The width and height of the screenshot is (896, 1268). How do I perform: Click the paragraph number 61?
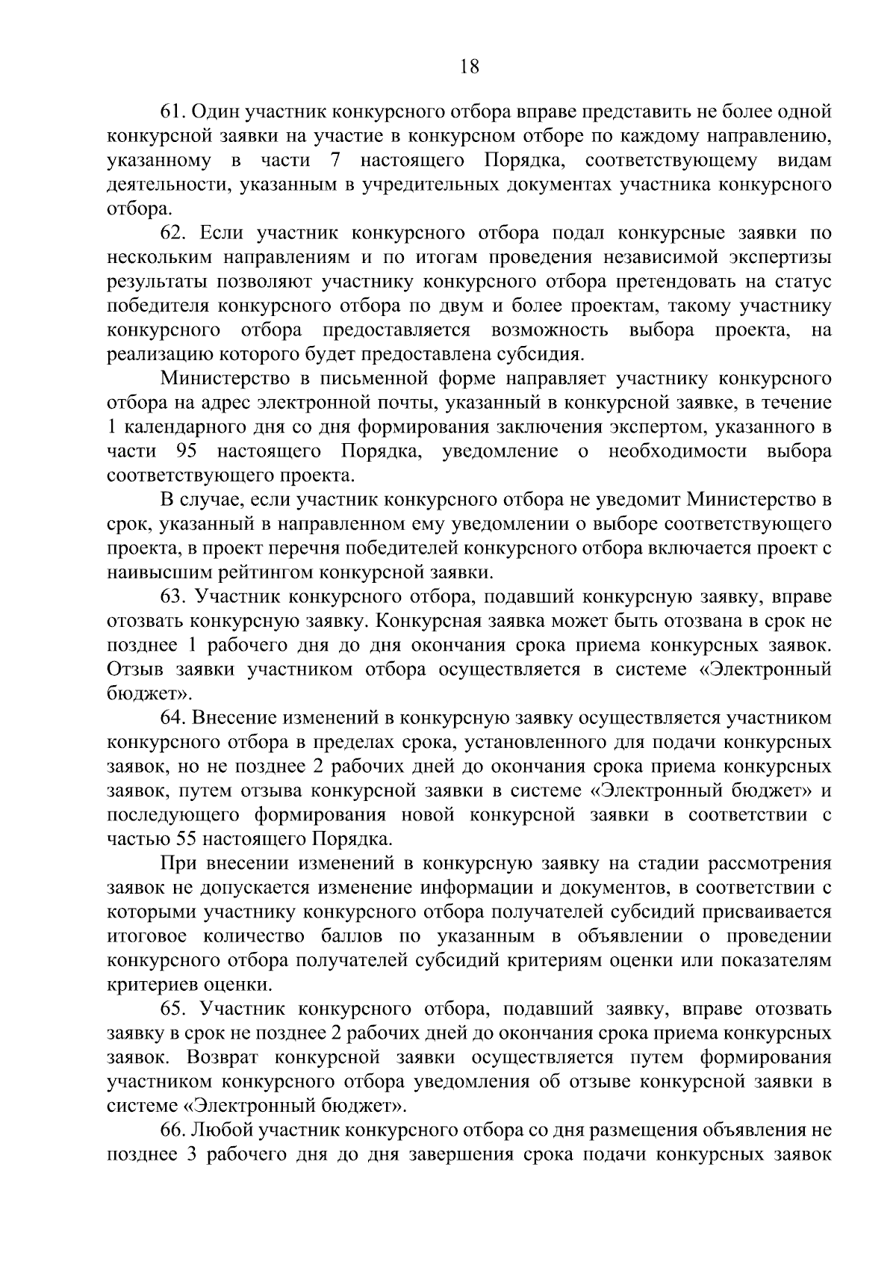(173, 112)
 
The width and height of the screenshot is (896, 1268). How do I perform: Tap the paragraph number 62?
(173, 233)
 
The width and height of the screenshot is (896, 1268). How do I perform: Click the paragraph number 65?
(173, 1009)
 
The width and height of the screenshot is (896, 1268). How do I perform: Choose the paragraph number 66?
(173, 1130)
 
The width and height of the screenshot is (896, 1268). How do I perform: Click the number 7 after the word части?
(335, 161)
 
